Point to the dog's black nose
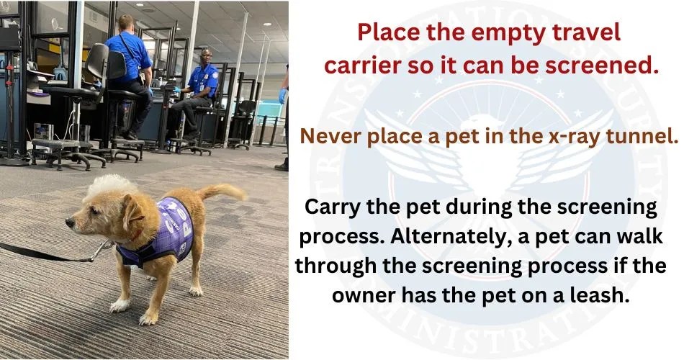pos(69,222)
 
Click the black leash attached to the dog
pos(43,253)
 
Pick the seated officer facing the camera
pos(201,86)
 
